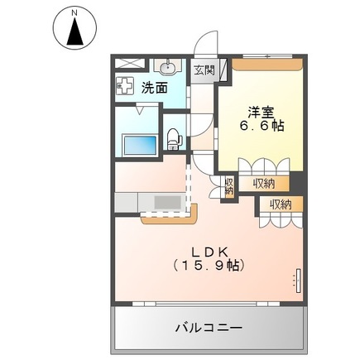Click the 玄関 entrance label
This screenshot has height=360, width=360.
[204, 71]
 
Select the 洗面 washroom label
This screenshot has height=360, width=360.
[154, 85]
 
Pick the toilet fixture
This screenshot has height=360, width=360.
[173, 137]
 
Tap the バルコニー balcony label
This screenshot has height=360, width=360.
[209, 328]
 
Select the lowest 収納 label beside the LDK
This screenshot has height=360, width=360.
[280, 204]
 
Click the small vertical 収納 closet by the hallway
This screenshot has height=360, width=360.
[228, 186]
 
